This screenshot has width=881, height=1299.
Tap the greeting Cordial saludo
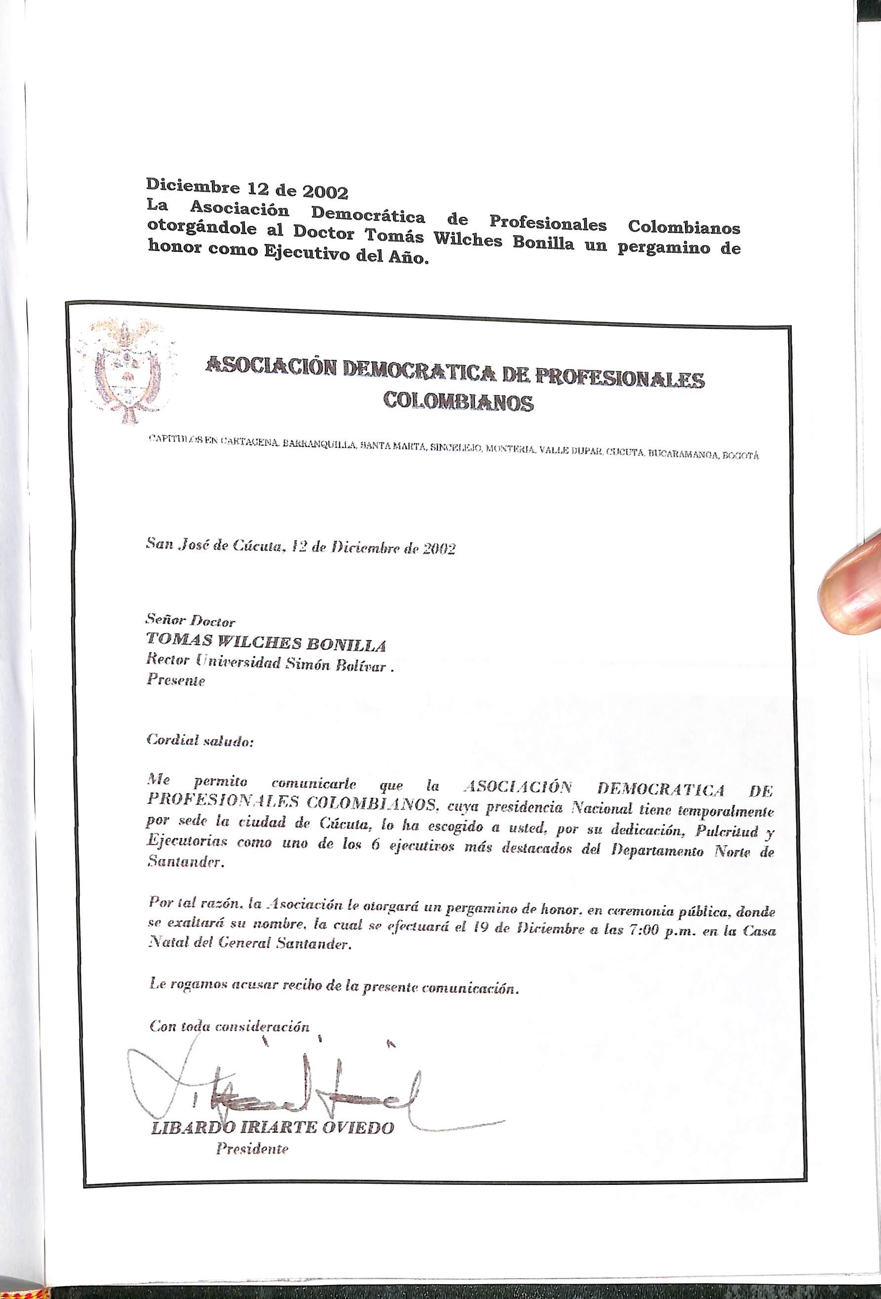coord(200,740)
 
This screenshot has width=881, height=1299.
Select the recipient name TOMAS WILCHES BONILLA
coord(266,645)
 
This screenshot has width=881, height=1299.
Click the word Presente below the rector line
coord(175,681)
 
